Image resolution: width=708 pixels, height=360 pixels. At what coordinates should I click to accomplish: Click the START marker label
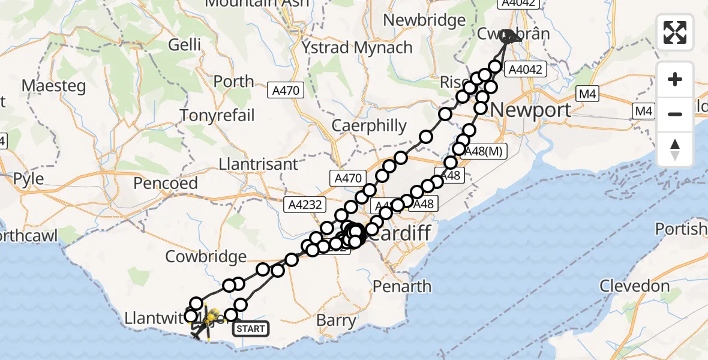tap(250, 328)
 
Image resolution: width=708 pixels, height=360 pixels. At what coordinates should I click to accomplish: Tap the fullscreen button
tap(675, 32)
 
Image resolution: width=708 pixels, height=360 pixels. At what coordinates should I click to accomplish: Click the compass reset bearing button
tap(675, 149)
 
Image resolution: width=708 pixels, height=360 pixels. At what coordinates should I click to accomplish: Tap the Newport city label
tap(531, 110)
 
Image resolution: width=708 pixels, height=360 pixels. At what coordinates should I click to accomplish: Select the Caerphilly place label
tap(370, 127)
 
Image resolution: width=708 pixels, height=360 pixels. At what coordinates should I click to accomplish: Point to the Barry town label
tap(336, 320)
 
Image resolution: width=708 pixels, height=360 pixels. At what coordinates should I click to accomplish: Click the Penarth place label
tap(402, 286)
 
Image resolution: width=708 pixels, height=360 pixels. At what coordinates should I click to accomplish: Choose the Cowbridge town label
tap(206, 257)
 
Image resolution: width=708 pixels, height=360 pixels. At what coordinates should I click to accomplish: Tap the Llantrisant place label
tap(259, 164)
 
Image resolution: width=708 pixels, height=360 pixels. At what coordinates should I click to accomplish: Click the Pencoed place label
tap(166, 183)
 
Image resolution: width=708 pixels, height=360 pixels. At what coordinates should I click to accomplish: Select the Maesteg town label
tap(54, 85)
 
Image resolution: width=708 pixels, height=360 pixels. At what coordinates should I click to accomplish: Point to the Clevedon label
tap(634, 286)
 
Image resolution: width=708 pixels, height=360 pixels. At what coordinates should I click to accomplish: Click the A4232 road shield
tap(305, 205)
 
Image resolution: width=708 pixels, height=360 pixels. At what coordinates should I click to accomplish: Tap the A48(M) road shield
tap(485, 152)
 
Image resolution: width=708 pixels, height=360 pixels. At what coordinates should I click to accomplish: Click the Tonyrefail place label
tap(217, 115)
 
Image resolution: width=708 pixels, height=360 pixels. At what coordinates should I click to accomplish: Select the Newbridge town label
tap(424, 20)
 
